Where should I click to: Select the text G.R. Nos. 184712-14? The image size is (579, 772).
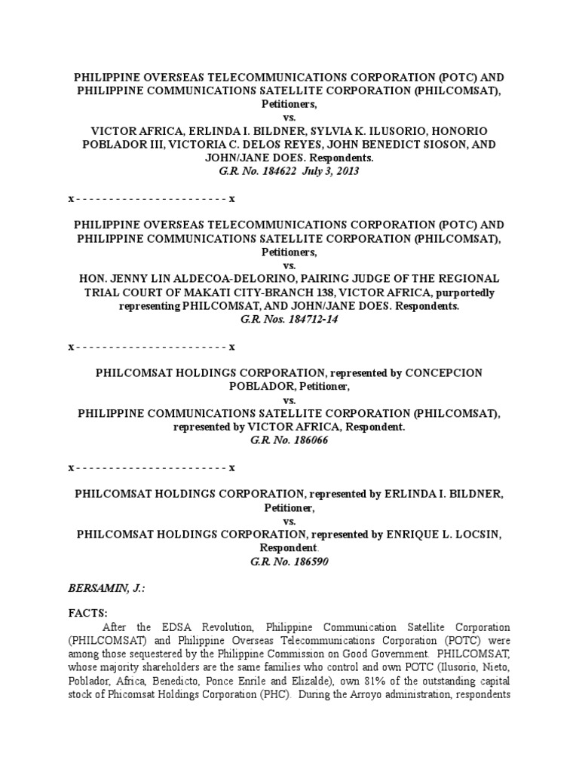point(289,320)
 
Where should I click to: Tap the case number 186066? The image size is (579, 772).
point(308,440)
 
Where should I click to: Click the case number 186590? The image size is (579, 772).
point(308,562)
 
